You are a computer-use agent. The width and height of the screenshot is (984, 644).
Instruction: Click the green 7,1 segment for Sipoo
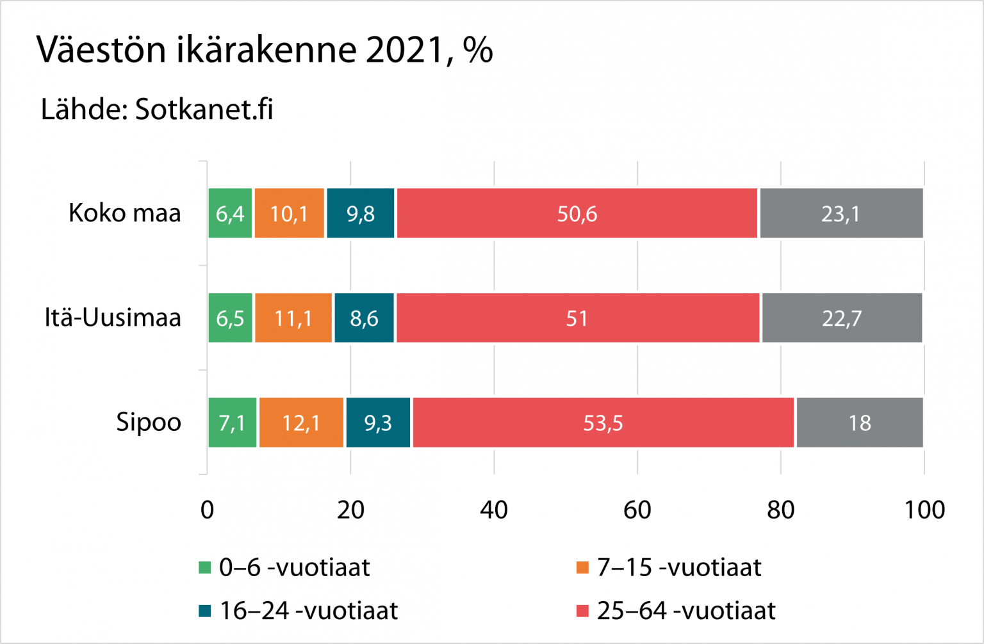click(232, 423)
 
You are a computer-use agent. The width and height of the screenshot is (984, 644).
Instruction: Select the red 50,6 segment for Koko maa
click(577, 213)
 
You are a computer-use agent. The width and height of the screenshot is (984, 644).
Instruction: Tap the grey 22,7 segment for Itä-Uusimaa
click(841, 318)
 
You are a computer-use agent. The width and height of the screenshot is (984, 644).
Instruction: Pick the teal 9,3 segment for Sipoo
click(377, 423)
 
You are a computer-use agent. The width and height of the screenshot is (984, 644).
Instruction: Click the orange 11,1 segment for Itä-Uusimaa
click(293, 318)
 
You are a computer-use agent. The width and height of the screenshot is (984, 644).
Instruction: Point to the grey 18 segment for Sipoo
click(859, 423)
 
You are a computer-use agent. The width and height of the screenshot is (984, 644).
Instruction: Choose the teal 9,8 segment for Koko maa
click(360, 213)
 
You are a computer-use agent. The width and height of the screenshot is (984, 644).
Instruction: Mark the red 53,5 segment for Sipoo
click(603, 423)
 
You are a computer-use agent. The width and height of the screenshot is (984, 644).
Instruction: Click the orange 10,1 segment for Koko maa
click(289, 213)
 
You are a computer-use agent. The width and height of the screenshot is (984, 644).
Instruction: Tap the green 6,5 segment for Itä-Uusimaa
click(230, 318)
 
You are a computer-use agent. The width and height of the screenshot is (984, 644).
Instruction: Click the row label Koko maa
click(125, 213)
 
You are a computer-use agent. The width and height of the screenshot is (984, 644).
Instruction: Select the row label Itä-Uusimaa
click(113, 318)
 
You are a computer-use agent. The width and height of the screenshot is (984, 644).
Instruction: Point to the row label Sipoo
click(149, 423)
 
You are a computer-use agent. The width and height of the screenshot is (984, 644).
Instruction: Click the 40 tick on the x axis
click(494, 510)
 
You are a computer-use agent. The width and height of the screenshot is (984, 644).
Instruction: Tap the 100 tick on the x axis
click(924, 510)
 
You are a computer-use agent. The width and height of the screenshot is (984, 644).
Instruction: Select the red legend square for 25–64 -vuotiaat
click(582, 611)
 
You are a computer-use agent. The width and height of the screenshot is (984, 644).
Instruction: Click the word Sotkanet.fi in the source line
click(204, 109)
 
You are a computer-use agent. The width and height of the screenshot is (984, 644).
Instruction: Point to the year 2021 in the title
click(405, 50)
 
